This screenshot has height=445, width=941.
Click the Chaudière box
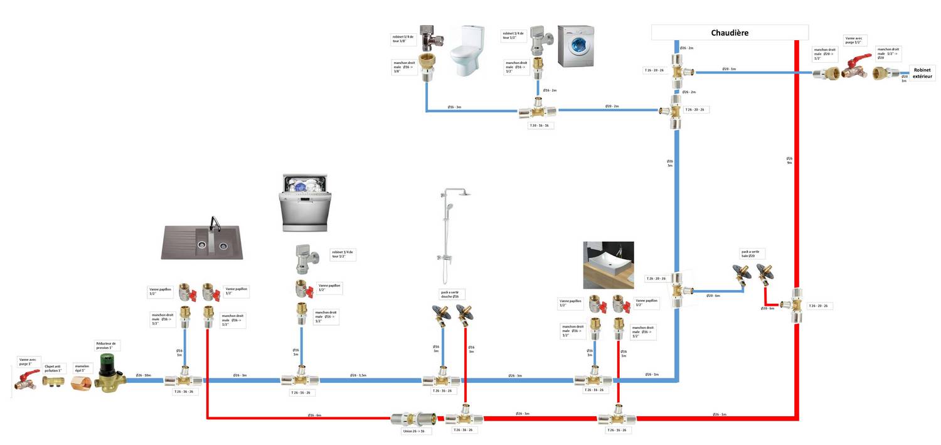(x=730, y=33)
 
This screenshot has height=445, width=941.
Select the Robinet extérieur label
(x=923, y=72)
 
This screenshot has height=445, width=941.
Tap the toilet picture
(x=466, y=50)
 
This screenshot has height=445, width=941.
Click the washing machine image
(x=575, y=46)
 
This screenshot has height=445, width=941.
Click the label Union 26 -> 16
(x=414, y=431)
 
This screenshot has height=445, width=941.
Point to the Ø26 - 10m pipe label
(x=144, y=375)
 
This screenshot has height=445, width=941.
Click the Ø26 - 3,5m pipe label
(x=358, y=375)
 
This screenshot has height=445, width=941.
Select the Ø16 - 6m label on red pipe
(x=314, y=416)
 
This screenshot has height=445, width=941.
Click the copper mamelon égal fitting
(x=82, y=380)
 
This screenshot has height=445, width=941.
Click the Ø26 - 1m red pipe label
(x=720, y=414)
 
